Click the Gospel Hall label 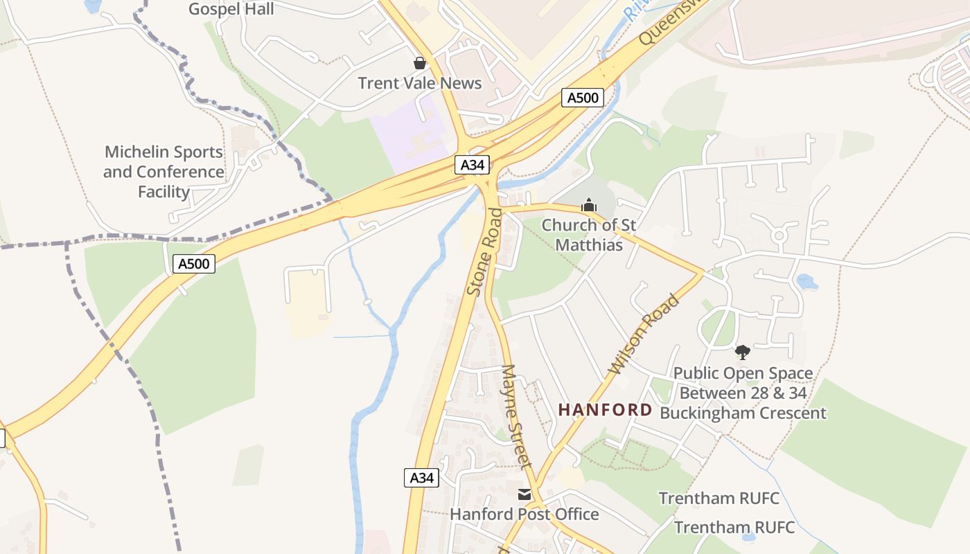[x=231, y=9]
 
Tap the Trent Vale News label [x=419, y=83]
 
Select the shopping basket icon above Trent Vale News [x=420, y=63]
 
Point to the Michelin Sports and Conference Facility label [x=164, y=172]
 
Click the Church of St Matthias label [x=588, y=235]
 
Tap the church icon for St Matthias [x=589, y=205]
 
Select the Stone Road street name [x=484, y=252]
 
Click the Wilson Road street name [x=644, y=334]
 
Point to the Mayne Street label [x=516, y=416]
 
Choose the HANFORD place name [x=605, y=410]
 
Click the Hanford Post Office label [x=524, y=514]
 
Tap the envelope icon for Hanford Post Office [x=524, y=494]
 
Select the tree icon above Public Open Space [x=743, y=352]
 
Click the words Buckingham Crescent [x=743, y=413]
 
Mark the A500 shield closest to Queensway [x=582, y=98]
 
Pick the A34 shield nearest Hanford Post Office [x=421, y=477]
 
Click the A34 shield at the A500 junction [x=473, y=165]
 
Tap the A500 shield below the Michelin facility [x=194, y=263]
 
